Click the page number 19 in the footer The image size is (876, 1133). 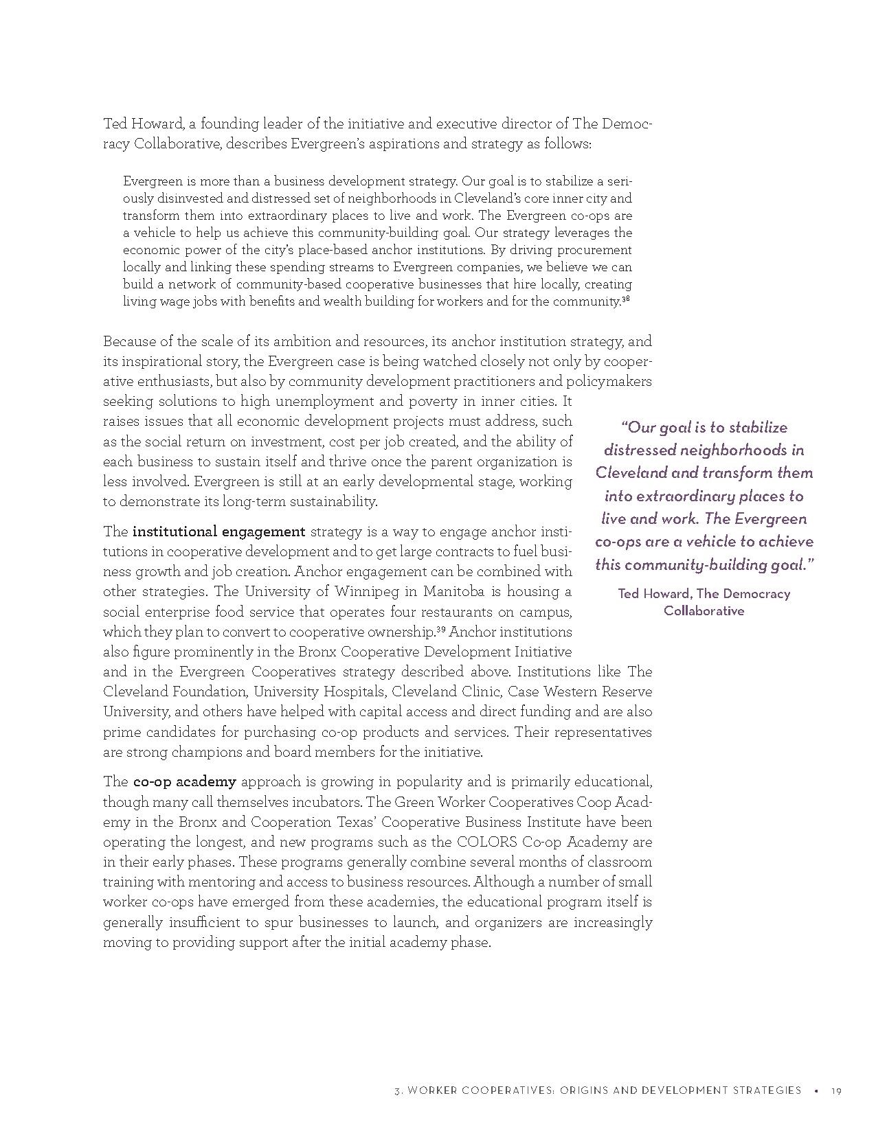pyautogui.click(x=836, y=1090)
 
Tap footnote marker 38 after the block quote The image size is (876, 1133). pyautogui.click(x=626, y=299)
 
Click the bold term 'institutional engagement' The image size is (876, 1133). pyautogui.click(x=218, y=531)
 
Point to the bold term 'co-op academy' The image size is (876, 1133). pyautogui.click(x=184, y=781)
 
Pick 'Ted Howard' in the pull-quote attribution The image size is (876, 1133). pyautogui.click(x=649, y=594)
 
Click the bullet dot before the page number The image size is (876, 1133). pyautogui.click(x=816, y=1090)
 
